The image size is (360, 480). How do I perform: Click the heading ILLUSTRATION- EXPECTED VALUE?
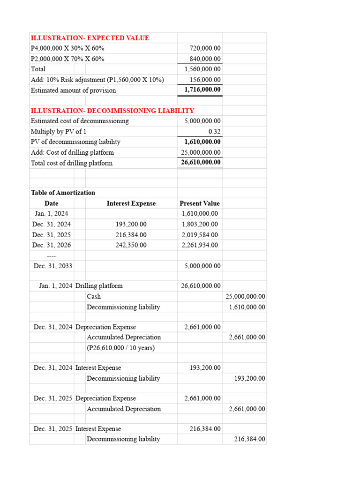(x=90, y=38)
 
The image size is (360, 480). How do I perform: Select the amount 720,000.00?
(x=205, y=48)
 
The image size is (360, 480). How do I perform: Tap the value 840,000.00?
(x=205, y=59)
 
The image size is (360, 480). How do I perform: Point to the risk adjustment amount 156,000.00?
(x=205, y=80)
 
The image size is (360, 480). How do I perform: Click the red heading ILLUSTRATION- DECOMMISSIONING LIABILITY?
(x=112, y=111)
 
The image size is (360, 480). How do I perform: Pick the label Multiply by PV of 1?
(x=59, y=131)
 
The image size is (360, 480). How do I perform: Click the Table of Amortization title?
(x=63, y=193)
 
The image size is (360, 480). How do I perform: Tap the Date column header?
(x=52, y=203)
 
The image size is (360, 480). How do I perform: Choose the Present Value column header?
(x=199, y=203)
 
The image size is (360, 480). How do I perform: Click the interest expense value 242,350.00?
(x=131, y=245)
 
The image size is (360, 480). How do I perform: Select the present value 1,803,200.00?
(x=200, y=224)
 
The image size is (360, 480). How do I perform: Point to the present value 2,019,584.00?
(x=200, y=235)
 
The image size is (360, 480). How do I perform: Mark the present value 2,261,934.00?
(x=200, y=245)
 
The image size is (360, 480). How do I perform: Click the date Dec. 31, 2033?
(x=53, y=266)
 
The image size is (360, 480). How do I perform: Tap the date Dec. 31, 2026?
(x=52, y=245)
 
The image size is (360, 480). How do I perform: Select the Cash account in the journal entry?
(x=94, y=296)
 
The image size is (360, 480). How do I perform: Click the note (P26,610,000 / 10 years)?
(x=120, y=348)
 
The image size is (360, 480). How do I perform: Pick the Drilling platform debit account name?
(x=99, y=285)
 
